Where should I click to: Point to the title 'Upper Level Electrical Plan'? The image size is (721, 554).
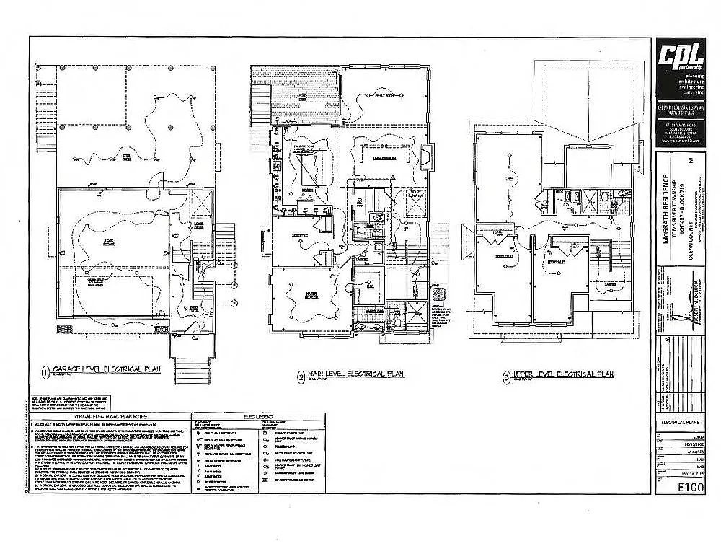[562, 374]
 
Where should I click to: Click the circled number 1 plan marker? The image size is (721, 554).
[45, 372]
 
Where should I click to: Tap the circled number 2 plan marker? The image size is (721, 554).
[300, 376]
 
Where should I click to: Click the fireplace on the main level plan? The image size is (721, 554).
[426, 154]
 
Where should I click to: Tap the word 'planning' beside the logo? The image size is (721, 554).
[694, 75]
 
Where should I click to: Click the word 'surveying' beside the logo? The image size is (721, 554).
[693, 92]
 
